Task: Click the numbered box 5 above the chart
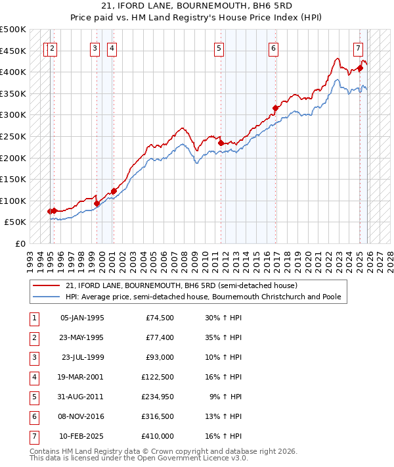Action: pos(218,47)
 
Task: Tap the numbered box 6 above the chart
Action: pos(273,47)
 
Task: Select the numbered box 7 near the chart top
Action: pos(358,47)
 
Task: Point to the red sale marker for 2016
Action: pos(275,108)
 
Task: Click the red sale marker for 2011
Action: pos(221,143)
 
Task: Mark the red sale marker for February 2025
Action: pos(361,68)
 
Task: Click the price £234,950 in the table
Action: pos(158,397)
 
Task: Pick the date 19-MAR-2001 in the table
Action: pos(82,378)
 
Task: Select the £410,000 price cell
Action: pos(158,435)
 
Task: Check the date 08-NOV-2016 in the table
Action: pos(81,416)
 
